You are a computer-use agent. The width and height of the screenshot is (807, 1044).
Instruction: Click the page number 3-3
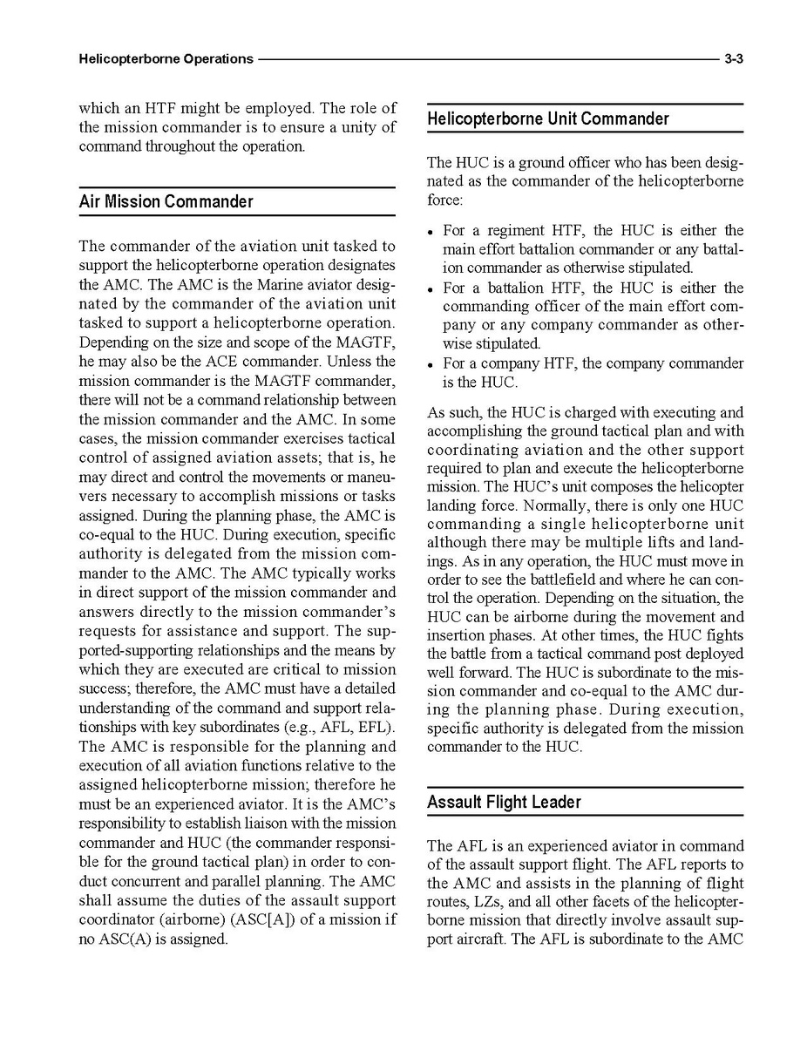pos(732,59)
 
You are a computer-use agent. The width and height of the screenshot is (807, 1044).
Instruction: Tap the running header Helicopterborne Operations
pos(166,59)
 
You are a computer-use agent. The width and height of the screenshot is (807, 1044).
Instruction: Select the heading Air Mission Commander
pos(166,201)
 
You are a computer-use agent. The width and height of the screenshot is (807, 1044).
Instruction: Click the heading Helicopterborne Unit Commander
pos(548,119)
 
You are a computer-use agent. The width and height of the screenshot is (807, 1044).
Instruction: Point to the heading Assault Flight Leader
pos(504,802)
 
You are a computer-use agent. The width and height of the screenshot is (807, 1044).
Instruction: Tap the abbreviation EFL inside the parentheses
pos(376,727)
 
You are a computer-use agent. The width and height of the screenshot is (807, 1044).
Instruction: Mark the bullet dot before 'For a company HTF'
pos(431,364)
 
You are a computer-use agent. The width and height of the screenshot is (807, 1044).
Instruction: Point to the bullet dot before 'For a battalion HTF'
pos(431,288)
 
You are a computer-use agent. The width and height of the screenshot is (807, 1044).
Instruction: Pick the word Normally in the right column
pos(546,505)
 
